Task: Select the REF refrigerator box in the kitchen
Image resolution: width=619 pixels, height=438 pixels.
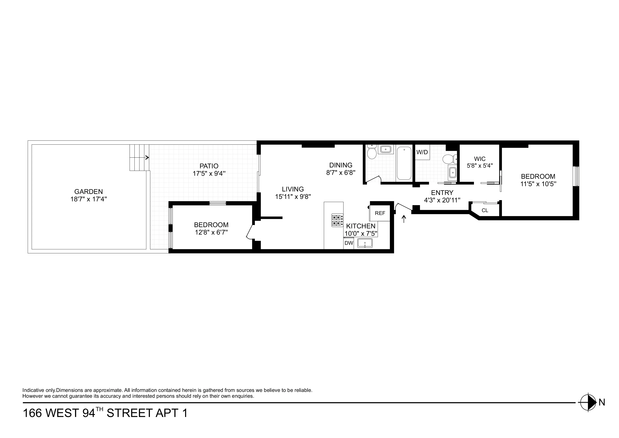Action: (x=380, y=213)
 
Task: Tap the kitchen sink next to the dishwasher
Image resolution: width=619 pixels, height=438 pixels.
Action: (x=365, y=243)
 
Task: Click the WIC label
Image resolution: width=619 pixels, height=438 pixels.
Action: (x=480, y=159)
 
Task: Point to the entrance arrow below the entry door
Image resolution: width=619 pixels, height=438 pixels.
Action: (x=404, y=219)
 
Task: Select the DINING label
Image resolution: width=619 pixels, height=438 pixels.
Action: (x=341, y=165)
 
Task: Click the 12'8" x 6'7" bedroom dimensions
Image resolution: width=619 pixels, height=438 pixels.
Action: (x=211, y=232)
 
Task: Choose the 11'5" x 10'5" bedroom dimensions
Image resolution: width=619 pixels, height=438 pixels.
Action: (x=538, y=184)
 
